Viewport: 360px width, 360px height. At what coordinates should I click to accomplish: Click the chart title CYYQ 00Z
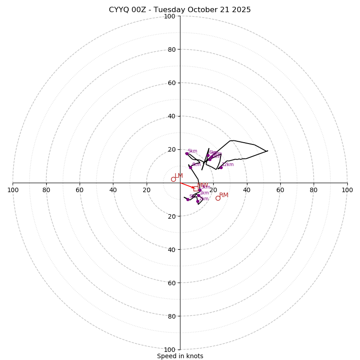[180, 10]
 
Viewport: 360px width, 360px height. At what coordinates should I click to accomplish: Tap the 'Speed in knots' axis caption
[180, 356]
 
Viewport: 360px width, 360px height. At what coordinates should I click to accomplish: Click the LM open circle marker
[173, 179]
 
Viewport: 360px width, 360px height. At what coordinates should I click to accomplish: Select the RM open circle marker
[218, 198]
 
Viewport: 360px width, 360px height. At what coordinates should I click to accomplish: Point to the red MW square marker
[196, 189]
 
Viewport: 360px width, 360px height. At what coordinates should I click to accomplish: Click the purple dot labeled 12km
[221, 167]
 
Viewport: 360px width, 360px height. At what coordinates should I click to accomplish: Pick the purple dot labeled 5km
[187, 153]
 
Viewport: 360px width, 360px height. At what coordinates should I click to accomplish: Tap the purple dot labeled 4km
[190, 167]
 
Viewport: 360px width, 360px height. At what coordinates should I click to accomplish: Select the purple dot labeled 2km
[198, 201]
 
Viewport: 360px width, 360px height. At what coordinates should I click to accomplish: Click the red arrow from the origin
[187, 185]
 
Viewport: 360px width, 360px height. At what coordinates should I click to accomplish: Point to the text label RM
[224, 195]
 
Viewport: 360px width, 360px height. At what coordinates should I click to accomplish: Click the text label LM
[179, 175]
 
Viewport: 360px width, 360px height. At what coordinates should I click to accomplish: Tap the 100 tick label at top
[169, 16]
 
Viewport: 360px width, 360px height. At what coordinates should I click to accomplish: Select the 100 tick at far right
[347, 190]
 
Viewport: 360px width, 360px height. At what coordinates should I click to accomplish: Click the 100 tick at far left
[13, 190]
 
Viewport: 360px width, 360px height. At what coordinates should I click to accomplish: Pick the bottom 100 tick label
[169, 350]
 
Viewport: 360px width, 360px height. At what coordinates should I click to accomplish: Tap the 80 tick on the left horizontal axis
[46, 190]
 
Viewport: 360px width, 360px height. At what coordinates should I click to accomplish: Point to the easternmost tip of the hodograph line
[268, 151]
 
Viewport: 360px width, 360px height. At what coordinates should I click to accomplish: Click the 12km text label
[228, 164]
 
